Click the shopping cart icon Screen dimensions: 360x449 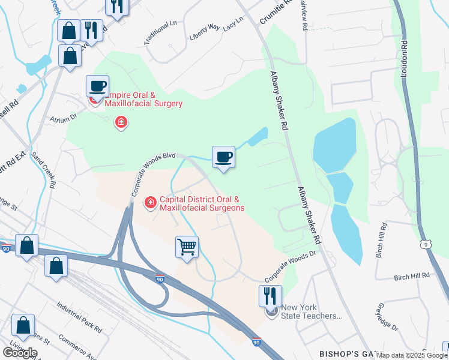[187, 247]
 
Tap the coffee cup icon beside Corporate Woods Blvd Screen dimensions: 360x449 [223, 157]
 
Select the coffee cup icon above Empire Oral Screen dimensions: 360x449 [97, 86]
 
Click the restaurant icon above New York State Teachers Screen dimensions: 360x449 [270, 295]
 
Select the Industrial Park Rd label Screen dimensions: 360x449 [79, 317]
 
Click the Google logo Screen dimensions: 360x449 [20, 352]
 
